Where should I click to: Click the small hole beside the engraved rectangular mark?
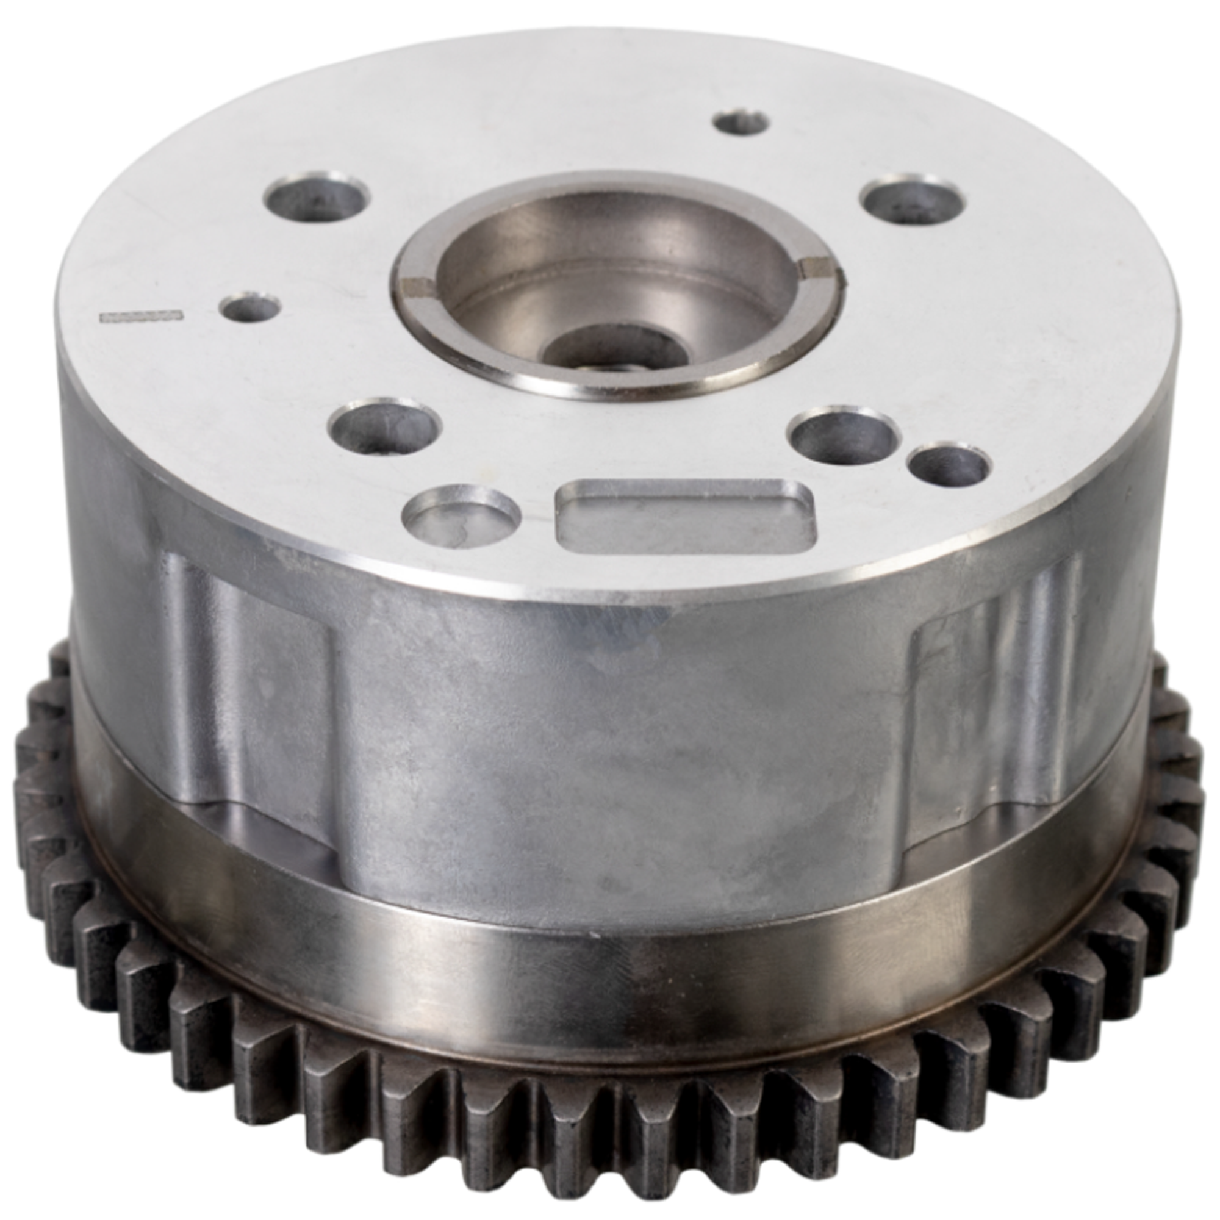[251, 309]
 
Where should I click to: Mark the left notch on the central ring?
[418, 289]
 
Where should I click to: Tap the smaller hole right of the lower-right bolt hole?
[949, 466]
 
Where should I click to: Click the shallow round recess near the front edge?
[464, 510]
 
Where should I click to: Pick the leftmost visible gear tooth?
[29, 789]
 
